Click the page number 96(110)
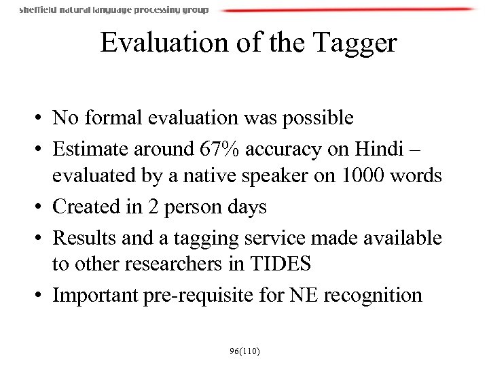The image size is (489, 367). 244,351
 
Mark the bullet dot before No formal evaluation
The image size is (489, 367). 41,119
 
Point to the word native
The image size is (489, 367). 207,176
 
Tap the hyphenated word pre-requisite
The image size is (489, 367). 218,295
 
